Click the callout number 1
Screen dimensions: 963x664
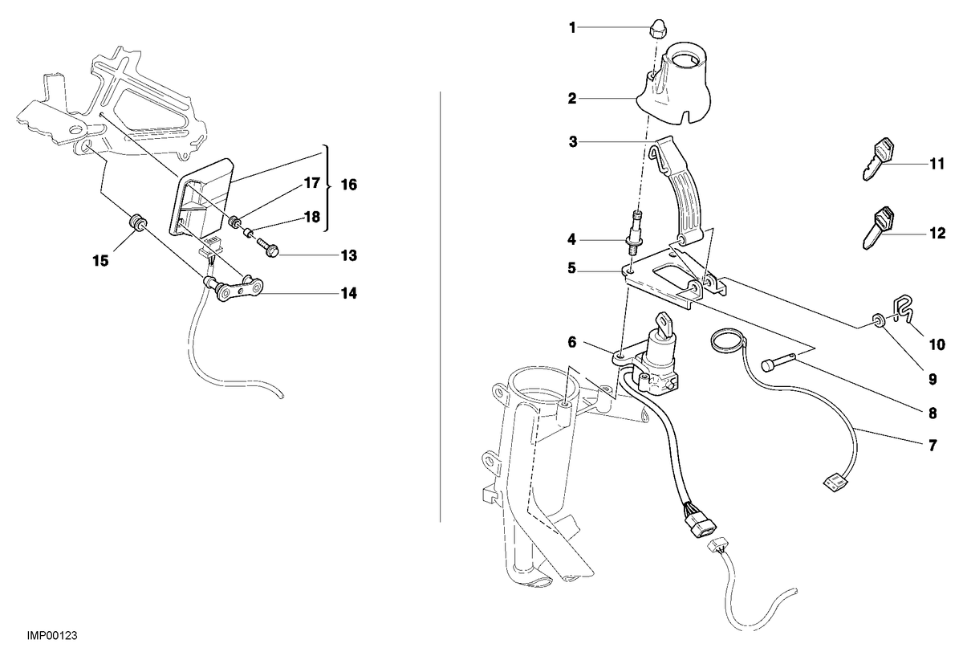pyautogui.click(x=571, y=28)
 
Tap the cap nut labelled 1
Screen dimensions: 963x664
pyautogui.click(x=656, y=29)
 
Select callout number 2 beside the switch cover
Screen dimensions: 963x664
pyautogui.click(x=571, y=99)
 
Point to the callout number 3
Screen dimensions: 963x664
pyautogui.click(x=573, y=141)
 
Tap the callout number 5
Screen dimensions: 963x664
pyautogui.click(x=571, y=268)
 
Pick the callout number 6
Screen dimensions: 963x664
pyautogui.click(x=571, y=342)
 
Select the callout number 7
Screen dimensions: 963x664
pyautogui.click(x=933, y=446)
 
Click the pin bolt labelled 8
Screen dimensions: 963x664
pyautogui.click(x=779, y=361)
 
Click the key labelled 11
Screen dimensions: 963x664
pyautogui.click(x=877, y=158)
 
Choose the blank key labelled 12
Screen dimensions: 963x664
pyautogui.click(x=877, y=228)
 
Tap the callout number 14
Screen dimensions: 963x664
pyautogui.click(x=348, y=293)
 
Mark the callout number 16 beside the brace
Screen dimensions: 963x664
pyautogui.click(x=348, y=185)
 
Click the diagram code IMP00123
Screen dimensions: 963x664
pyautogui.click(x=52, y=635)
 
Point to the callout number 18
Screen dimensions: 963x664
pyautogui.click(x=312, y=217)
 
